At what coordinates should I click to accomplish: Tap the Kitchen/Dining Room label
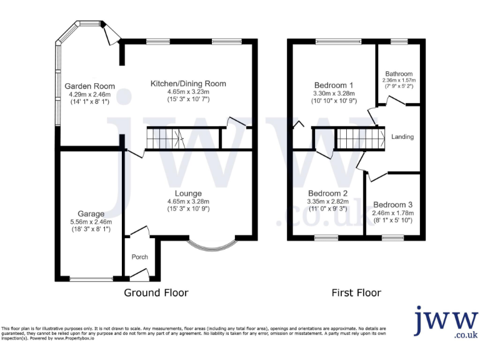coord(188,83)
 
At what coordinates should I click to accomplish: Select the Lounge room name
coord(188,193)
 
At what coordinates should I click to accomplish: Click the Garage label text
coord(91,213)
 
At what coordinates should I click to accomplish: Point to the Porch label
coord(139,257)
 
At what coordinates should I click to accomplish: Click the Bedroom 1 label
coord(333,86)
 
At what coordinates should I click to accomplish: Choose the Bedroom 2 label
coord(327,193)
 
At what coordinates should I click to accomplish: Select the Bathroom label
coord(399,73)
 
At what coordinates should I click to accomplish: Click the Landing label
coord(402,136)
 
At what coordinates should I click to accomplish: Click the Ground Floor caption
coord(156,292)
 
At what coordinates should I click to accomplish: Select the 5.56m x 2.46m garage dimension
coord(91,221)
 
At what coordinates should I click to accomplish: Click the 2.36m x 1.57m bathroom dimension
coord(399,80)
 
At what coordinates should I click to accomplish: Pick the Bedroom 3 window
coord(392,237)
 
